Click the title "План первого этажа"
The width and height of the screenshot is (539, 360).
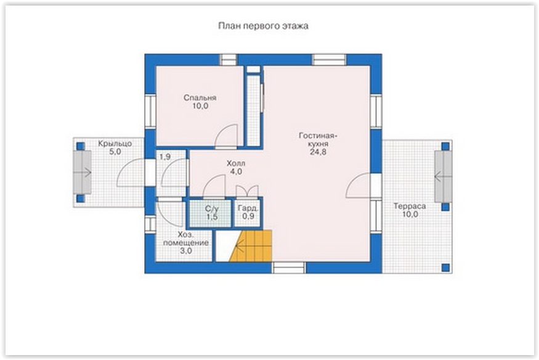(x=263, y=26)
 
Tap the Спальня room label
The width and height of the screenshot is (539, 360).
(x=200, y=97)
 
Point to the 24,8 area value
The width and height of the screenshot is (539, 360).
(x=318, y=152)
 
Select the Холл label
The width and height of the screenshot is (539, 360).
(x=236, y=163)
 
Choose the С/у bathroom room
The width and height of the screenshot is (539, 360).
(x=211, y=213)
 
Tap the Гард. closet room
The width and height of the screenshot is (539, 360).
(x=248, y=213)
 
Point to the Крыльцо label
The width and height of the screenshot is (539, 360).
(x=115, y=144)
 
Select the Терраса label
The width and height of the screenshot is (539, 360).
(x=410, y=207)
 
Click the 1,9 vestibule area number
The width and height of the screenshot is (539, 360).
(x=165, y=157)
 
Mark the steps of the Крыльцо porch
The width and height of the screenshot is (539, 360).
(x=82, y=172)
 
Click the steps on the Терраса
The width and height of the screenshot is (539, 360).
(x=444, y=177)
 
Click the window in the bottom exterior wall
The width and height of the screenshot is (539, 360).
(x=289, y=268)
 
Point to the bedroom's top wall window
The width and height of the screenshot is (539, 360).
(x=229, y=59)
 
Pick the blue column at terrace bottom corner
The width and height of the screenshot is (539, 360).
(x=445, y=268)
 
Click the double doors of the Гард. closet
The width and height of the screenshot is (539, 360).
(x=247, y=192)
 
